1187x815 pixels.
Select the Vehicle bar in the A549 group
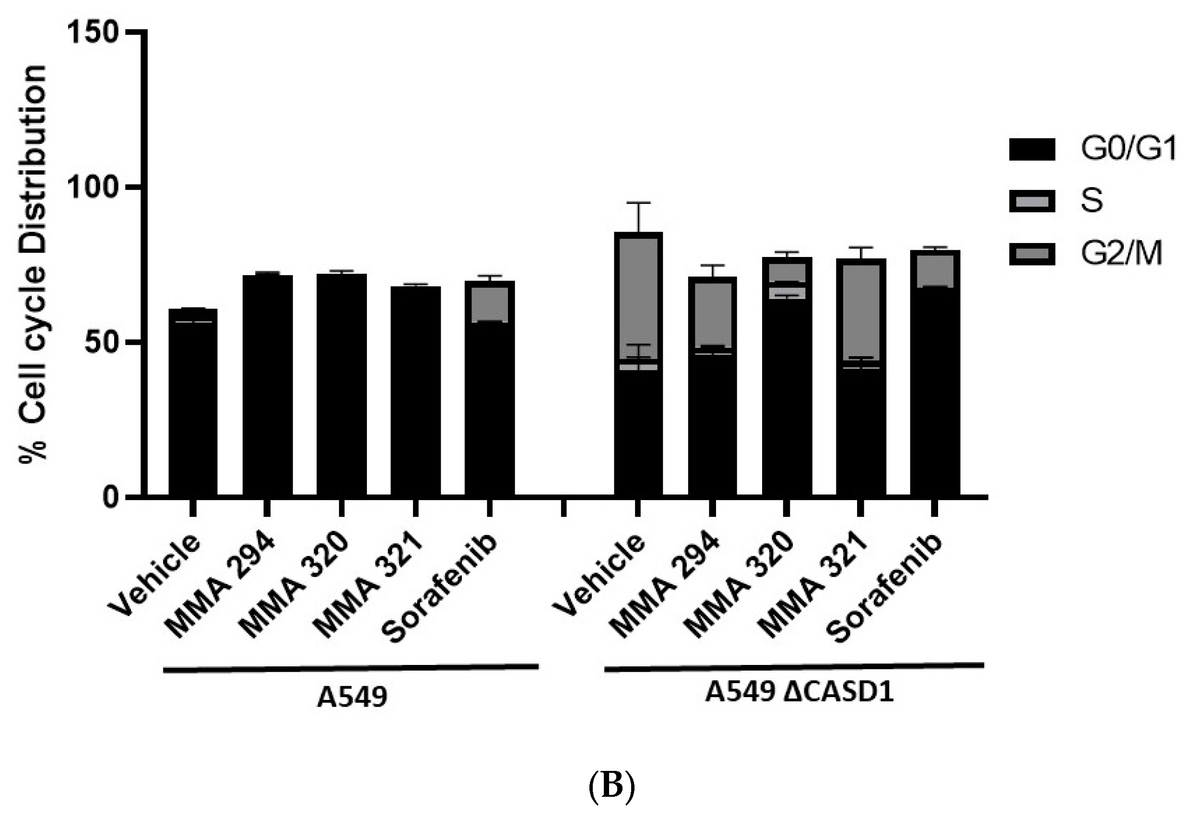pos(193,403)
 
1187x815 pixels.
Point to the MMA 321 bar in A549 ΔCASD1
pos(860,378)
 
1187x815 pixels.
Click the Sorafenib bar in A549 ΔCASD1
pos(935,373)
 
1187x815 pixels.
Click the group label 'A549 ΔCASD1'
pos(799,693)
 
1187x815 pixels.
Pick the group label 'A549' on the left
pos(352,698)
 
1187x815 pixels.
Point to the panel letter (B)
pos(611,787)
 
